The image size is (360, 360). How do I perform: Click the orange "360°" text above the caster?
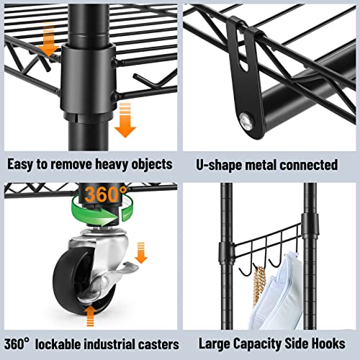104,195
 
